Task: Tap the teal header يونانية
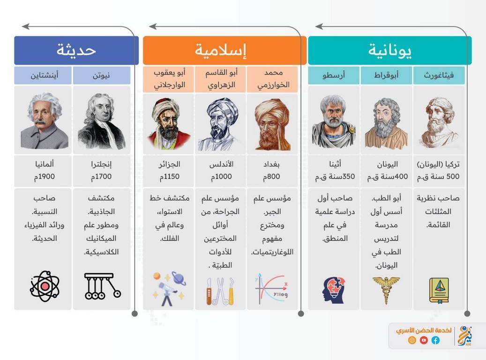[x=389, y=50]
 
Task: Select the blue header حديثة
[x=76, y=50]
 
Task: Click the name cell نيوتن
[x=102, y=75]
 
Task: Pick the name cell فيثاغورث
[x=439, y=75]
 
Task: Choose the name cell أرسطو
[x=334, y=75]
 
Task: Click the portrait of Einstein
[x=44, y=121]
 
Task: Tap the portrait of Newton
[x=101, y=121]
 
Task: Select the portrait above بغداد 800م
[x=272, y=125]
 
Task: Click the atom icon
[x=45, y=286]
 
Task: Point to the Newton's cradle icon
[x=102, y=286]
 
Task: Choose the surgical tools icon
[x=220, y=291]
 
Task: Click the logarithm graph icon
[x=271, y=289]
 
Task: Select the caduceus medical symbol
[x=386, y=290]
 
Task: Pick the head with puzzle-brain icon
[x=334, y=290]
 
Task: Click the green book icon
[x=439, y=290]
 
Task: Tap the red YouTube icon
[x=424, y=340]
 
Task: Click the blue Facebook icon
[x=435, y=340]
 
